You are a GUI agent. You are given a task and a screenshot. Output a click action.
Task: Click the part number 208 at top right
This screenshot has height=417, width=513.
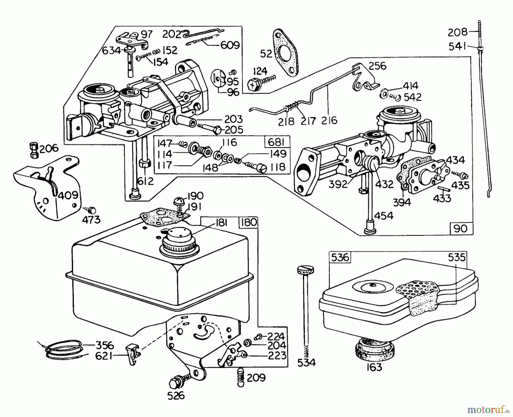click(457, 32)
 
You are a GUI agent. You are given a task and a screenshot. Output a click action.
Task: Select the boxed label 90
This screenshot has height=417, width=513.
click(461, 228)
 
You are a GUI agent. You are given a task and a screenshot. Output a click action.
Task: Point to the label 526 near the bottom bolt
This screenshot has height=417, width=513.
click(176, 396)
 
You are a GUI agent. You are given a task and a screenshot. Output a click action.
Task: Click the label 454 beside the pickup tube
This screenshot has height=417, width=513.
click(384, 215)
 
